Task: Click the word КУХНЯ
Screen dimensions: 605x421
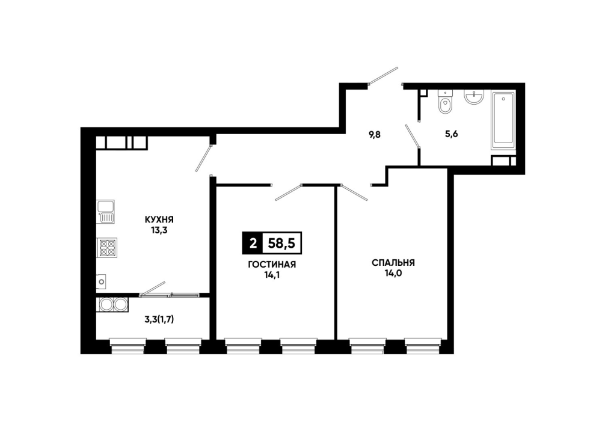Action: click(x=159, y=220)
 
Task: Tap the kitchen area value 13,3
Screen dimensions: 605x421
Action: click(x=159, y=231)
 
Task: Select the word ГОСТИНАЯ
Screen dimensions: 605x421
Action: click(x=272, y=265)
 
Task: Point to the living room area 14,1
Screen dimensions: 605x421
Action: click(x=272, y=275)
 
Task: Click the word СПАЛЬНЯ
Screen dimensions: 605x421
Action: click(x=393, y=263)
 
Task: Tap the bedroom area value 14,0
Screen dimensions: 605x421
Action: click(x=393, y=274)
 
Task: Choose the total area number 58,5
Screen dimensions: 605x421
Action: click(x=281, y=244)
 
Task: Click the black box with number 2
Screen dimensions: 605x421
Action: click(x=253, y=244)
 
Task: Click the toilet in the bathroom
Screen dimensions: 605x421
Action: click(x=445, y=102)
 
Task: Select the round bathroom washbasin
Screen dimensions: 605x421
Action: click(x=474, y=97)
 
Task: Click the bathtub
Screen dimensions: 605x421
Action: click(x=503, y=120)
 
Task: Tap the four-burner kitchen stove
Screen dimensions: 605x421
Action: click(x=106, y=248)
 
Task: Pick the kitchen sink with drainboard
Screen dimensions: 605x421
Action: click(x=105, y=212)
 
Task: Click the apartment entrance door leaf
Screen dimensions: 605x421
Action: click(x=383, y=76)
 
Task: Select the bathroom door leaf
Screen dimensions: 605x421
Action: click(x=413, y=136)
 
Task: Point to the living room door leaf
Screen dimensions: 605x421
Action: click(x=288, y=192)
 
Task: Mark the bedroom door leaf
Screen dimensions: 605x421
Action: click(x=354, y=192)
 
